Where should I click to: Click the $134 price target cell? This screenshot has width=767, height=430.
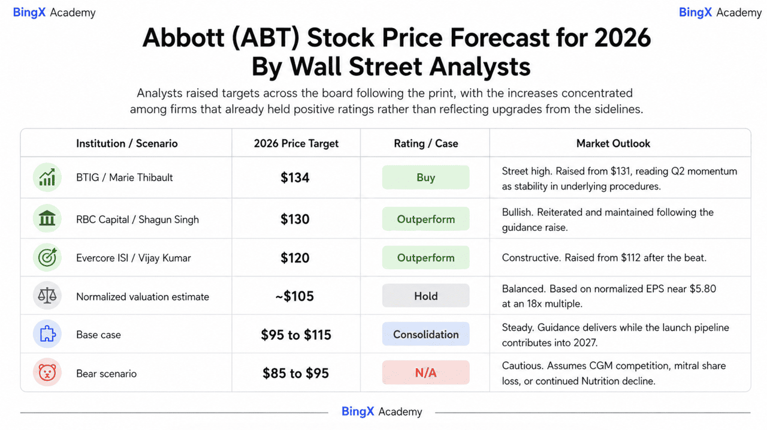[x=295, y=178]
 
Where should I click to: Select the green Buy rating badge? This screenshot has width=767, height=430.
[x=425, y=177]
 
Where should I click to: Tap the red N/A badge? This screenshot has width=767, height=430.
[x=425, y=372]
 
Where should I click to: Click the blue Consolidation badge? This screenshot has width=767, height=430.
[x=425, y=334]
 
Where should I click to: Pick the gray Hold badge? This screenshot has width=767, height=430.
[x=425, y=296]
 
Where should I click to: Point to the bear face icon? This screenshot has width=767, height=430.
[x=47, y=372]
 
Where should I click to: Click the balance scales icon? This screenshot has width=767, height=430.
[x=47, y=296]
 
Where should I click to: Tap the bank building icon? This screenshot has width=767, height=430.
[x=47, y=218]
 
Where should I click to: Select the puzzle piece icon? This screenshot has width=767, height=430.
[x=47, y=334]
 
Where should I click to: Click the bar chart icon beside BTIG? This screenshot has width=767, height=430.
[x=47, y=177]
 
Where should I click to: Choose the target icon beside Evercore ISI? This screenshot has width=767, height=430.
[x=47, y=257]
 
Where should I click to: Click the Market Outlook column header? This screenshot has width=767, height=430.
[x=613, y=143]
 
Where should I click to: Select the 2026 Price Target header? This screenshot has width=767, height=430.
[x=296, y=143]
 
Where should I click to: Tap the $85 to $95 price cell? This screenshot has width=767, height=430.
[x=295, y=373]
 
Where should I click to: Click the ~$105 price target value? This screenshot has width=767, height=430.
[x=294, y=296]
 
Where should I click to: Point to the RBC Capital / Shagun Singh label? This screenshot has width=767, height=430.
[x=137, y=219]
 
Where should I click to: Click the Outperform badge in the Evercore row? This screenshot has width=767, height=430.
[x=425, y=257]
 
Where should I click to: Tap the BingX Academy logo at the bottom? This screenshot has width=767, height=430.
[x=382, y=411]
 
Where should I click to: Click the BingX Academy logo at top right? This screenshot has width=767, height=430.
[x=720, y=13]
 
